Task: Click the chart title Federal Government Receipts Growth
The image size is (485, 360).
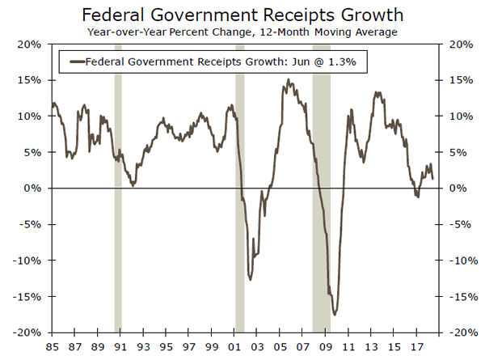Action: click(242, 16)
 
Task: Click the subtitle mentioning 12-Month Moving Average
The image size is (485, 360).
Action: click(242, 33)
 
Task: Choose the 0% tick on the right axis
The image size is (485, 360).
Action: click(453, 188)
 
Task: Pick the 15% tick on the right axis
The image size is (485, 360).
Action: click(456, 80)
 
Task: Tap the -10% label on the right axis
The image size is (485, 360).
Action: click(458, 260)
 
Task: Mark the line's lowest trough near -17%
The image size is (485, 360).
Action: click(335, 314)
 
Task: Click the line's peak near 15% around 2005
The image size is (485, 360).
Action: click(288, 80)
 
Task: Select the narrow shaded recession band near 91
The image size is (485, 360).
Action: click(118, 243)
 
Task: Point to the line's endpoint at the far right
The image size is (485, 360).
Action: click(432, 178)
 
